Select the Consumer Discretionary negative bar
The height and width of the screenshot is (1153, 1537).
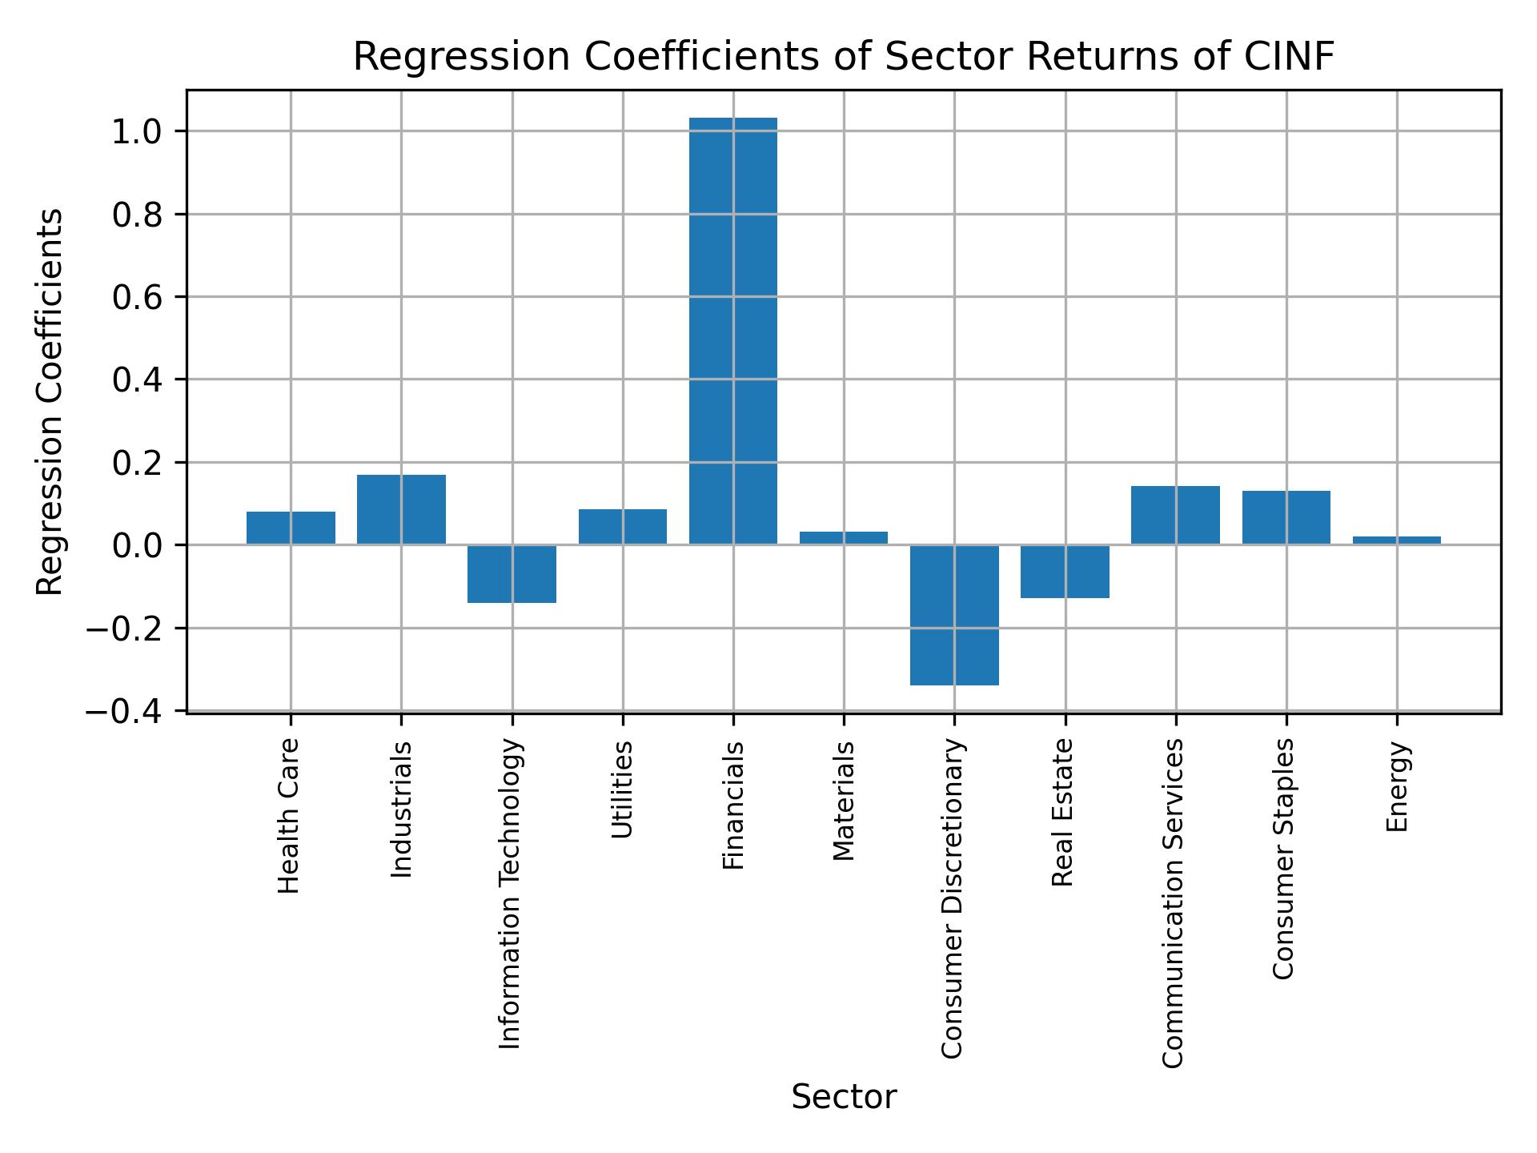click(954, 615)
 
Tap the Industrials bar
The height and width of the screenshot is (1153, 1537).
click(401, 509)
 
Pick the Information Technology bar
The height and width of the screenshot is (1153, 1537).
click(512, 573)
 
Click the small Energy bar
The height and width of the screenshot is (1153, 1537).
click(1396, 540)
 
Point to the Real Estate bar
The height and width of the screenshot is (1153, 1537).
click(1065, 571)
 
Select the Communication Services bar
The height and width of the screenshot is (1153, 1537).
click(1175, 515)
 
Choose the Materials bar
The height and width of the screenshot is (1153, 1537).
click(844, 538)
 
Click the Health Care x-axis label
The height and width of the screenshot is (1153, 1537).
click(289, 815)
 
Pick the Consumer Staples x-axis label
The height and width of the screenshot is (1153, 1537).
click(1283, 858)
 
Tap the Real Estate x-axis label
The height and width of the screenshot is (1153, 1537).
click(1062, 812)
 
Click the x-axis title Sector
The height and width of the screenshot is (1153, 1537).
click(844, 1097)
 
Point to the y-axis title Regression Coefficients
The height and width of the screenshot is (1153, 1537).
click(50, 402)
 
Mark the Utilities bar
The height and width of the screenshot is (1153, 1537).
click(622, 527)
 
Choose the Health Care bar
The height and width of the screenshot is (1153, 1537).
click(291, 528)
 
